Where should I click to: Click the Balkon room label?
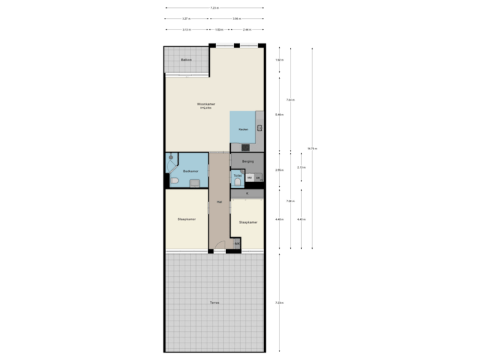187,60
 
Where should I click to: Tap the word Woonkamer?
205,104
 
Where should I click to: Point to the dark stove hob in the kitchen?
245,147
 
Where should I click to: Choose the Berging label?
247,161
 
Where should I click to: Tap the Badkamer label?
191,171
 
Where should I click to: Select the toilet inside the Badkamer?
174,181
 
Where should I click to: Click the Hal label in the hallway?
219,201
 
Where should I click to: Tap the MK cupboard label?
237,243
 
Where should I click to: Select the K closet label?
247,193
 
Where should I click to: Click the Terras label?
214,303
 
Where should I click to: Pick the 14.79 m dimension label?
311,148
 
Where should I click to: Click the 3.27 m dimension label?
187,19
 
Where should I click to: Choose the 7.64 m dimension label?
290,100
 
